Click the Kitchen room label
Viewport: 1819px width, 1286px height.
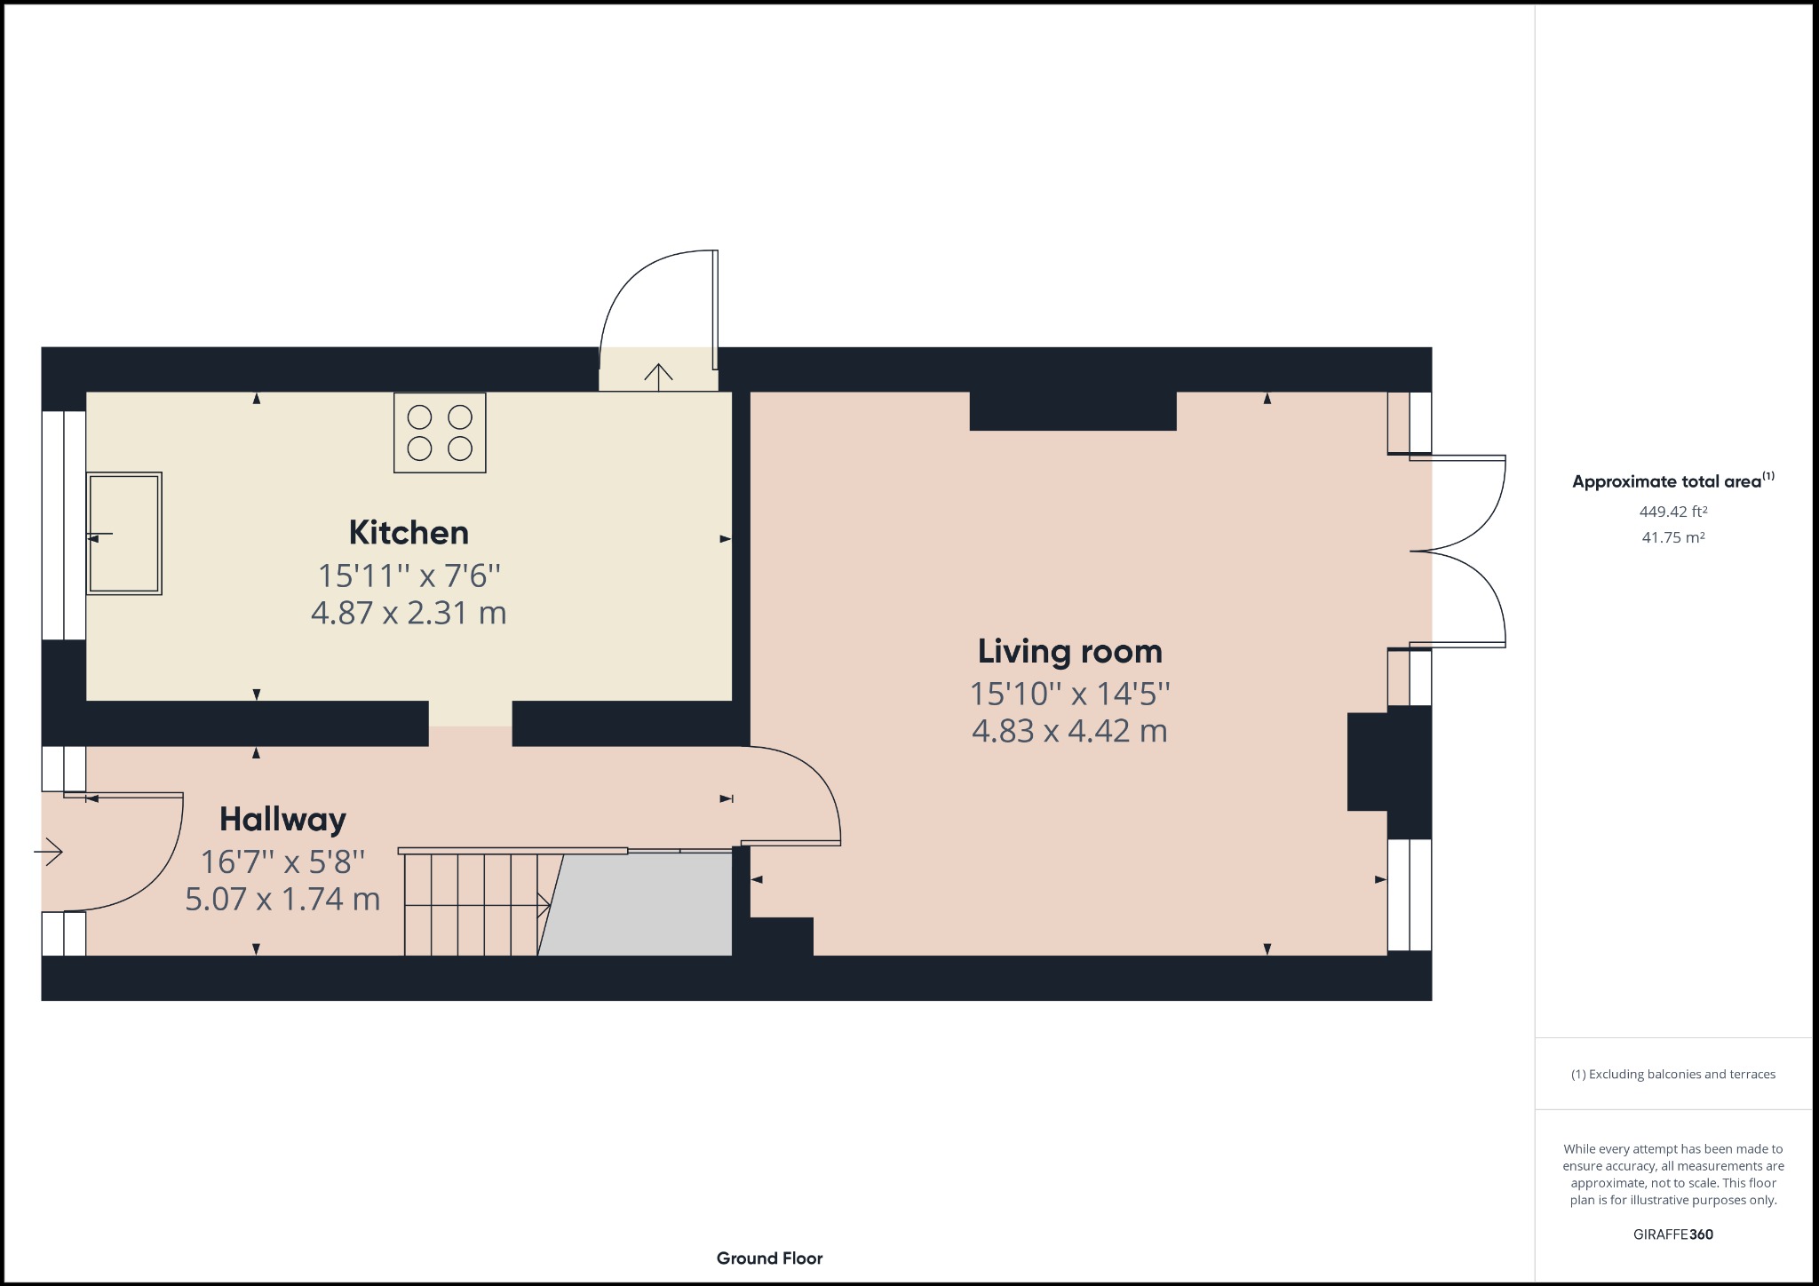click(x=409, y=533)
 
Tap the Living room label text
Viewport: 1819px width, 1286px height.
click(x=1069, y=652)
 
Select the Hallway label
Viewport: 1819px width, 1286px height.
click(x=282, y=819)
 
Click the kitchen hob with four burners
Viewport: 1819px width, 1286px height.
click(x=440, y=433)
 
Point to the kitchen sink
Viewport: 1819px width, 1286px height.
click(x=124, y=533)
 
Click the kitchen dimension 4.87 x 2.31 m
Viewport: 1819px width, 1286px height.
click(x=409, y=614)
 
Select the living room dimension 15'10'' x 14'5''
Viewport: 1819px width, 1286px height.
click(x=1069, y=694)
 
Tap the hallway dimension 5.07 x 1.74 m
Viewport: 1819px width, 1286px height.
click(x=282, y=900)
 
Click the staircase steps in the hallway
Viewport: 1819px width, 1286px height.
click(x=471, y=904)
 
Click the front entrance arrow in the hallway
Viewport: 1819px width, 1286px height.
click(x=49, y=853)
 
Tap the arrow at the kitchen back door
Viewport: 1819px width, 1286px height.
click(x=658, y=377)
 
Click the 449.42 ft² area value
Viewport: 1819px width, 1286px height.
click(x=1673, y=512)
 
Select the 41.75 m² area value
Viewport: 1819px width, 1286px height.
click(x=1673, y=537)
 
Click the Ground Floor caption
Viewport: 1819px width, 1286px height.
click(x=769, y=1258)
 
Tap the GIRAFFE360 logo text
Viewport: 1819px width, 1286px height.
click(x=1673, y=1234)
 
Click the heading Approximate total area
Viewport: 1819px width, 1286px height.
click(x=1667, y=481)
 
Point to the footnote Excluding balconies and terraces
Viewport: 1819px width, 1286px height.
click(x=1673, y=1075)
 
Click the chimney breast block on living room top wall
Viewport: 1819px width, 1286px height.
click(x=1073, y=411)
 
